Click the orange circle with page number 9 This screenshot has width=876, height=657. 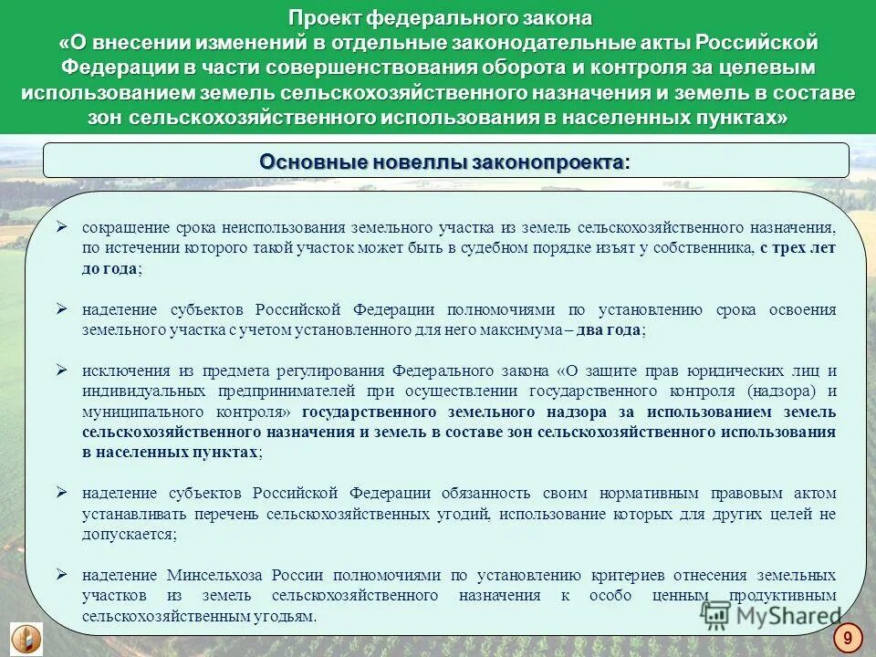tap(848, 636)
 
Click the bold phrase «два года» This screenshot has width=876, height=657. tap(610, 330)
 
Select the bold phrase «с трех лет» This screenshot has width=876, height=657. tap(797, 247)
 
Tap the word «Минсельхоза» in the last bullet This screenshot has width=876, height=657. tap(215, 576)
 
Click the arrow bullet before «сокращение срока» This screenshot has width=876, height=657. tap(62, 225)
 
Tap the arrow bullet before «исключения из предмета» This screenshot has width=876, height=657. tap(62, 370)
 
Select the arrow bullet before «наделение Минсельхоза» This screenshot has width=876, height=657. tap(62, 575)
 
